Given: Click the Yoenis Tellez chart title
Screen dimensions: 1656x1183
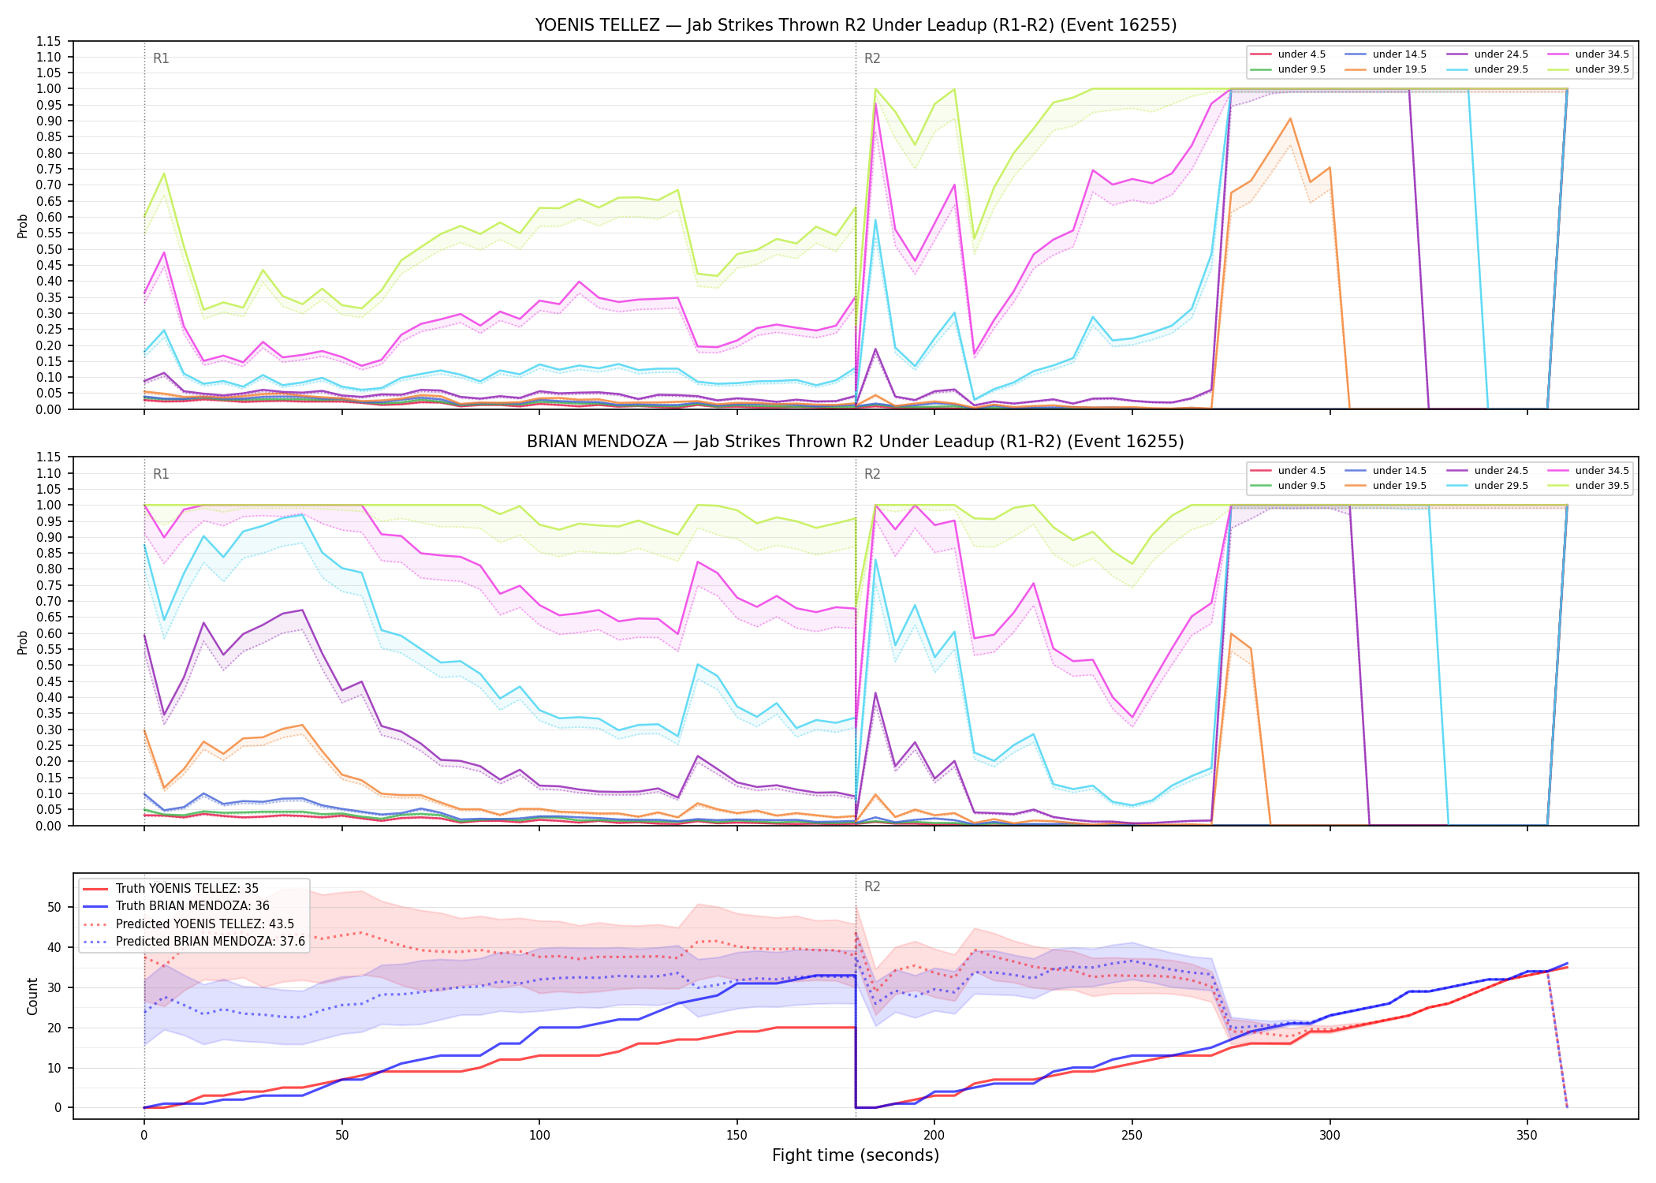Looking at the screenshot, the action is [x=856, y=25].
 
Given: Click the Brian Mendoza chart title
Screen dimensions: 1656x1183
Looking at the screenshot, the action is [x=856, y=442].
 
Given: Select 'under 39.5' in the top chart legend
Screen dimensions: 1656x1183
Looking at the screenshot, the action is [x=1602, y=69].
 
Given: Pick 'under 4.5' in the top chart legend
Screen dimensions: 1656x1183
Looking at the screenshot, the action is [x=1301, y=54].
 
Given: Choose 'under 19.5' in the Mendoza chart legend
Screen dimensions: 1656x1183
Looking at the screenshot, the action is [x=1399, y=486].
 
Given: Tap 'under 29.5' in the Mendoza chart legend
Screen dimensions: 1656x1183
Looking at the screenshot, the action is [x=1501, y=486].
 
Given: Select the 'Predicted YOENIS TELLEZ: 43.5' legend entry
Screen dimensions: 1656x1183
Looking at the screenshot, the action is [x=205, y=924].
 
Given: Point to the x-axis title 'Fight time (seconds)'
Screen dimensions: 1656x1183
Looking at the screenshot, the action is [x=856, y=1155].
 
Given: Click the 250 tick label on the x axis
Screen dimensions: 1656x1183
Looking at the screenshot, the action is [x=1132, y=1136].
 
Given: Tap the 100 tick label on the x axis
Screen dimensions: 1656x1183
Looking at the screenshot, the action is [x=539, y=1136].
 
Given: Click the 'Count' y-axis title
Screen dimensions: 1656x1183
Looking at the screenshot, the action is [x=32, y=996].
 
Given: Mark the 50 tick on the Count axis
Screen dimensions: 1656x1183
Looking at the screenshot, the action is [x=54, y=907].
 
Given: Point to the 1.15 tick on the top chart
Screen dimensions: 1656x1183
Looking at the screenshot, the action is [x=48, y=41].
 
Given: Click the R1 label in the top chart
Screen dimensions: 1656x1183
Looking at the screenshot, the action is [x=161, y=58].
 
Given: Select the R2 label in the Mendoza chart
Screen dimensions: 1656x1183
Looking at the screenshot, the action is [x=872, y=474].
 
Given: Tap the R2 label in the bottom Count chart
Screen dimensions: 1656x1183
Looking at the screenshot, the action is [x=872, y=886].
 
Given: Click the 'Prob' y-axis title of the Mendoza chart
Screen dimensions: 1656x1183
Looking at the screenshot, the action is [x=23, y=642].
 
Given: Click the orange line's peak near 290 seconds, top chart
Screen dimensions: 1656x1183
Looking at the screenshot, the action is [x=1290, y=119].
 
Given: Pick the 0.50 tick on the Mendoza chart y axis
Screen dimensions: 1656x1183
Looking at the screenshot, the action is [x=48, y=665].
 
